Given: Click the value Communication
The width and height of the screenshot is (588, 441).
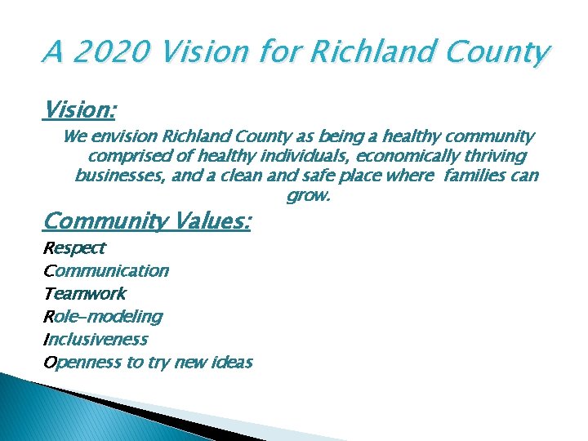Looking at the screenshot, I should coord(105,270).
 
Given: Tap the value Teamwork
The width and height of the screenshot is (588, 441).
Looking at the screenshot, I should coord(84,293).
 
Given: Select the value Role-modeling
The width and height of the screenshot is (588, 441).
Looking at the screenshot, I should coord(102,316).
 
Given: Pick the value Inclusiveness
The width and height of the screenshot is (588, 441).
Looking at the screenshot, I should coord(96,339).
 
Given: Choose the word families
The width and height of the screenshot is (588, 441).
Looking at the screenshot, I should coord(477,176).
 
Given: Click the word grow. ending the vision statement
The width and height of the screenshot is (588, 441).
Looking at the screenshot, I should coord(307,196).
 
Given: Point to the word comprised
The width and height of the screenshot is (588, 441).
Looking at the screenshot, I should coord(127,156).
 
